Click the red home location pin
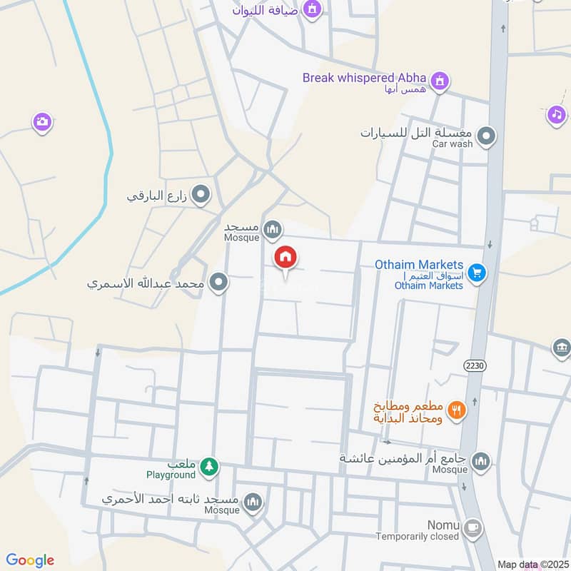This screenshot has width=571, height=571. (286, 258)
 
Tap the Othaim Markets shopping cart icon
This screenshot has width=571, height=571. (477, 272)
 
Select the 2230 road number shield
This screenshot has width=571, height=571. (474, 365)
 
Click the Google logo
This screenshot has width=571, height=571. (30, 560)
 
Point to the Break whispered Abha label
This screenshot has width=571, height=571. (364, 78)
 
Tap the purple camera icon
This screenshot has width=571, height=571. (42, 122)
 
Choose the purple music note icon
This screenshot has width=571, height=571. (557, 113)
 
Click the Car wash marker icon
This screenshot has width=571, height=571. (486, 136)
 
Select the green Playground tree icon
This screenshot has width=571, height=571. (208, 467)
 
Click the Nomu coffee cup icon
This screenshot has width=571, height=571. (472, 528)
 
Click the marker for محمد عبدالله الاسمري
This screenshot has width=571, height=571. (220, 283)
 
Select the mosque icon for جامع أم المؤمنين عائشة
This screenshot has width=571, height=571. (482, 462)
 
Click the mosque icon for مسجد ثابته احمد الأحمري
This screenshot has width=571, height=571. (253, 503)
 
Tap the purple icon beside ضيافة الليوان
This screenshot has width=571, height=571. (311, 9)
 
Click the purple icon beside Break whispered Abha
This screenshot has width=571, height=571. (440, 79)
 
